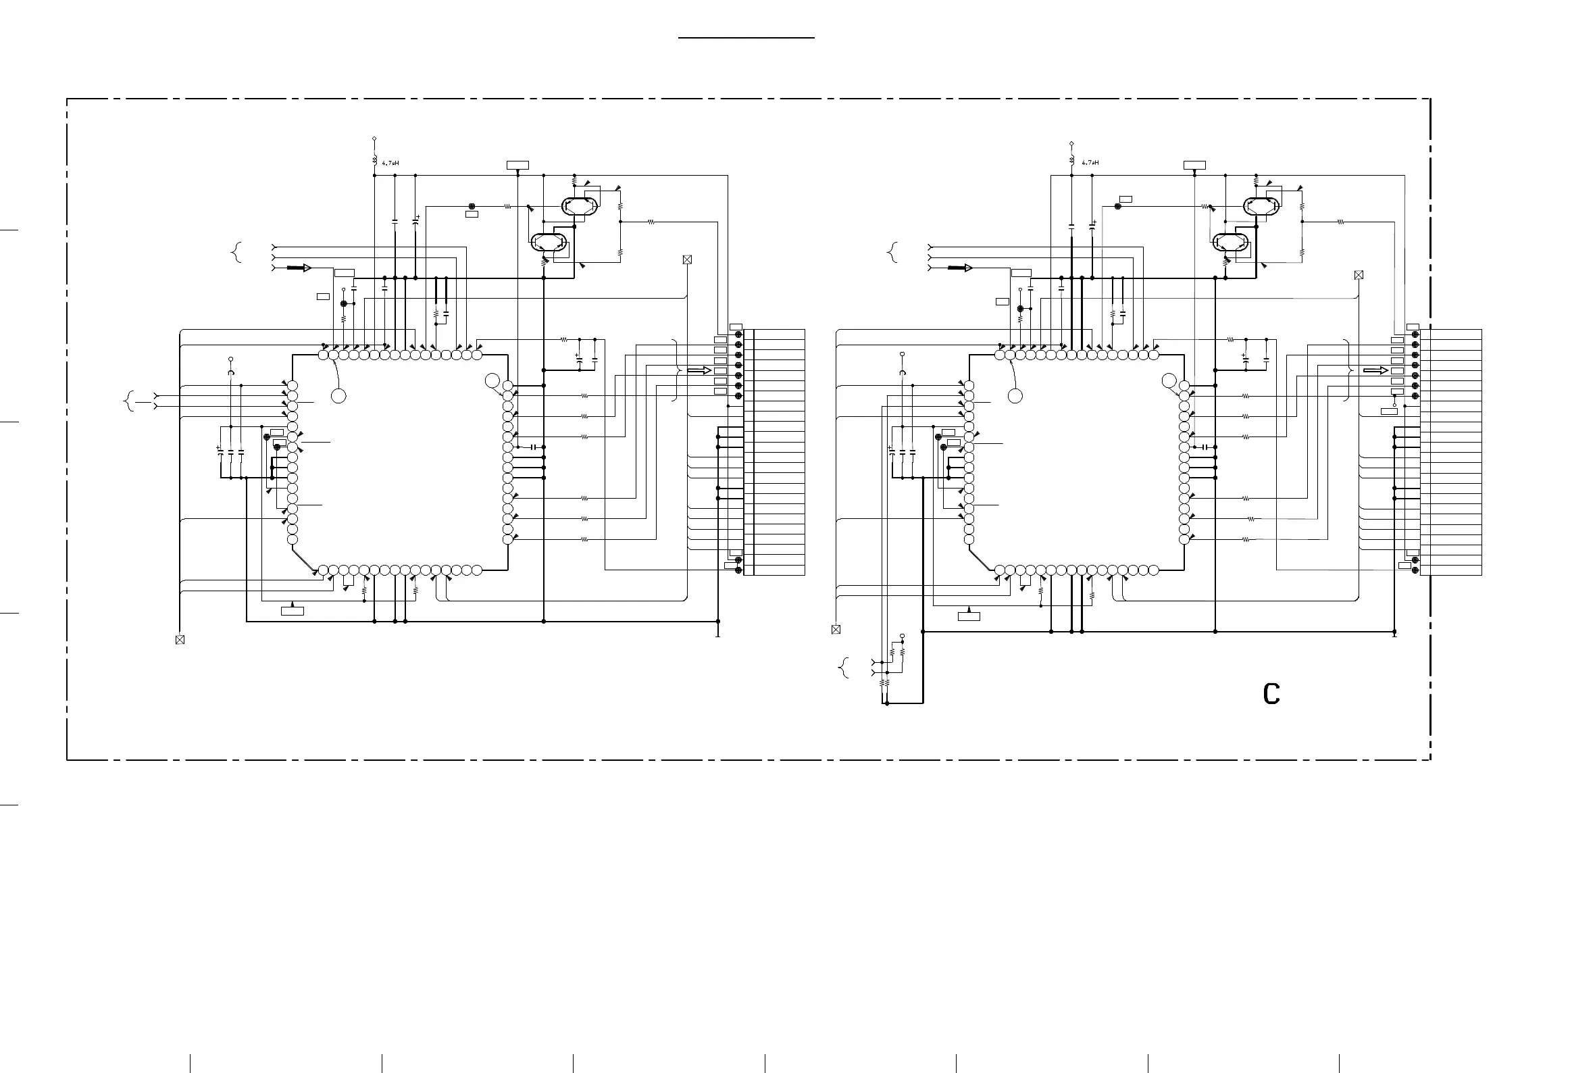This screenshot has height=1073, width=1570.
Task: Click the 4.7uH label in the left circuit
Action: coord(391,163)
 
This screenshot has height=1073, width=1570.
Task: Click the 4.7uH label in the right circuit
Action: coord(1090,163)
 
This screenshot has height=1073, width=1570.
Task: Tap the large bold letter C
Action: coord(1271,695)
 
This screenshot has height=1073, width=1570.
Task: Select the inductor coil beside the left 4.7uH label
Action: coord(374,160)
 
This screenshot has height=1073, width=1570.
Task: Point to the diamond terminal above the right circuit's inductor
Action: coord(1072,143)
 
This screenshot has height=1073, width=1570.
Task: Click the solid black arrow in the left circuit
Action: coord(295,268)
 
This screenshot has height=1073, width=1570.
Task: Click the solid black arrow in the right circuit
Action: coord(956,268)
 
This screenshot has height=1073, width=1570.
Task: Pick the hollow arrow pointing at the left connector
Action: coord(699,370)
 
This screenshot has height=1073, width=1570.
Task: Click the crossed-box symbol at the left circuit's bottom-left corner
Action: coord(180,640)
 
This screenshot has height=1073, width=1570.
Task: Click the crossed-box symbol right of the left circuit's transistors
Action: coord(688,259)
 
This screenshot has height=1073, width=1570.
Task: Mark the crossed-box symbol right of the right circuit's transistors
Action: coord(1359,275)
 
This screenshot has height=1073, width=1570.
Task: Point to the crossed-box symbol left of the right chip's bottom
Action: coord(836,629)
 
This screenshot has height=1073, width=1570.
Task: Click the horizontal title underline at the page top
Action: coord(746,39)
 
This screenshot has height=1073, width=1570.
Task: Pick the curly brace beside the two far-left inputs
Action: coord(128,401)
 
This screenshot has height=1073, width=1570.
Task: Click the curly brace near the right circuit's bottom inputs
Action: coord(843,668)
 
